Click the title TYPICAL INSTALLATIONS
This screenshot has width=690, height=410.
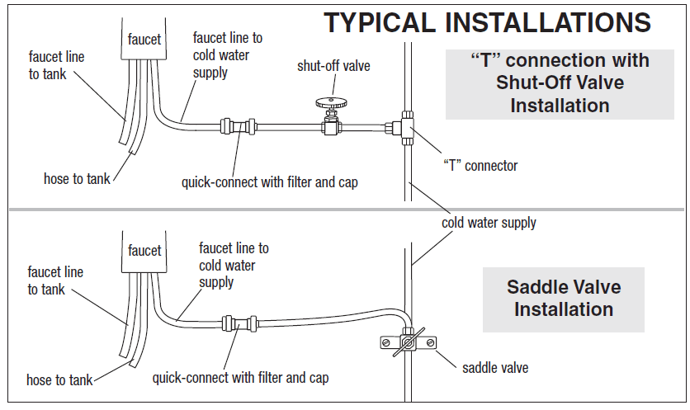click(487, 22)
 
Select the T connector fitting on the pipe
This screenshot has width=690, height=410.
click(406, 126)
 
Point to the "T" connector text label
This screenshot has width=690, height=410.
click(480, 166)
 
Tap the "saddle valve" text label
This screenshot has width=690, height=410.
click(495, 367)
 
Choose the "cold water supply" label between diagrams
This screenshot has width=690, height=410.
click(489, 222)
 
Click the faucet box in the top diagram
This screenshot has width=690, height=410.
click(144, 39)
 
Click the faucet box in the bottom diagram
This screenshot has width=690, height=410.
click(144, 250)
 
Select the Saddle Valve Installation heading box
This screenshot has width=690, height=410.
click(564, 299)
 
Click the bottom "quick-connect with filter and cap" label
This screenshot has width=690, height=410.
click(240, 378)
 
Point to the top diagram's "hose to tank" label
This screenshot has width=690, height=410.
click(76, 178)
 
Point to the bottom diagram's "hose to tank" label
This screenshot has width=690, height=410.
click(59, 380)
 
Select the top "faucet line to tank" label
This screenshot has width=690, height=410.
click(56, 65)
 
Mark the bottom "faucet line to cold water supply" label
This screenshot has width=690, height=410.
click(233, 265)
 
